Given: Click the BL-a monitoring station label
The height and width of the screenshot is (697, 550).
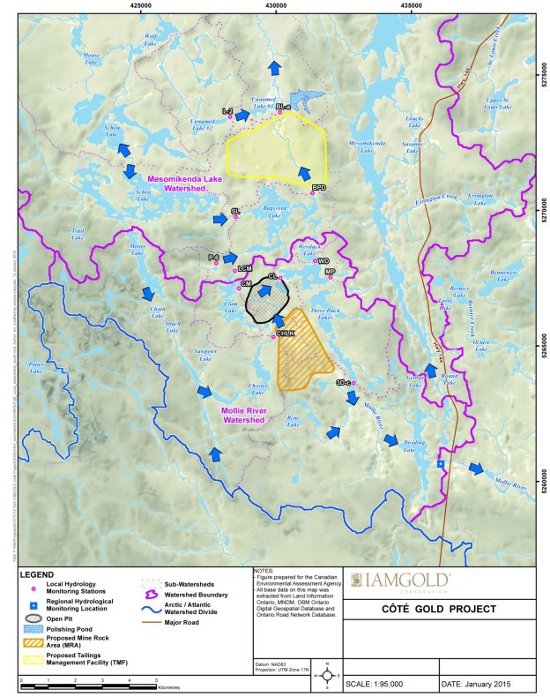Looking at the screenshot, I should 283,106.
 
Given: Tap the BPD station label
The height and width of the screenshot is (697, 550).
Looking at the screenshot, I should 319,188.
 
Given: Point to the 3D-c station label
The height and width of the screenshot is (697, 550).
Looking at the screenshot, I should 344,383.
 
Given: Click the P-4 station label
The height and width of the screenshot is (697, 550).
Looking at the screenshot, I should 213,257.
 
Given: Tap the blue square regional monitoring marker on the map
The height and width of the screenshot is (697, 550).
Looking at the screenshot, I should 441,463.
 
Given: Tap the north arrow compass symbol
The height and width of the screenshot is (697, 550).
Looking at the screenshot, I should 327,674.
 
